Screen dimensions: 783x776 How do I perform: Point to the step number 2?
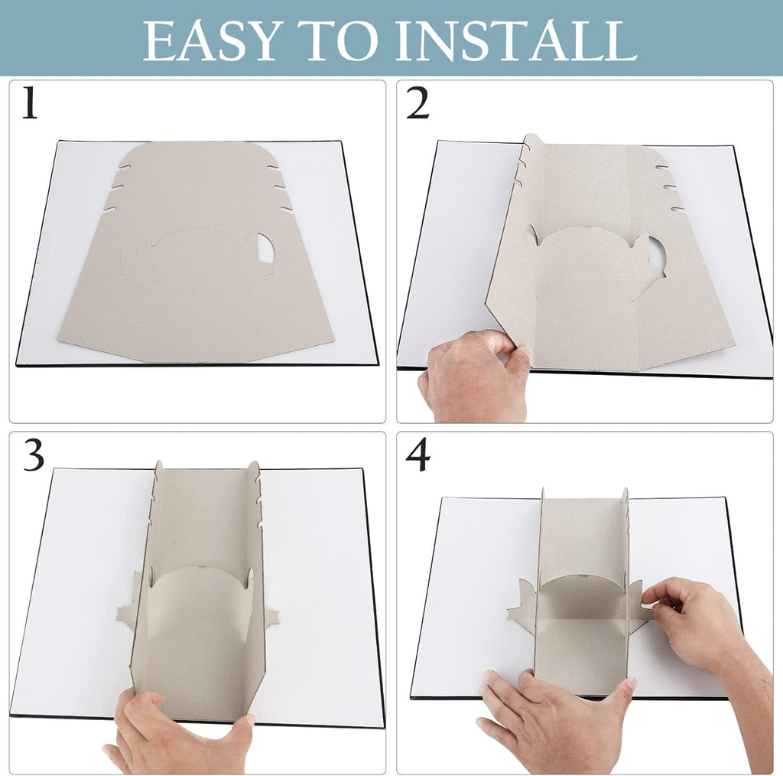coord(418,103)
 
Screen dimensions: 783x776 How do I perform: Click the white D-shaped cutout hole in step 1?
coord(265,248)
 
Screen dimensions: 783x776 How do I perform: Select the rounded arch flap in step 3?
coord(200,600)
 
